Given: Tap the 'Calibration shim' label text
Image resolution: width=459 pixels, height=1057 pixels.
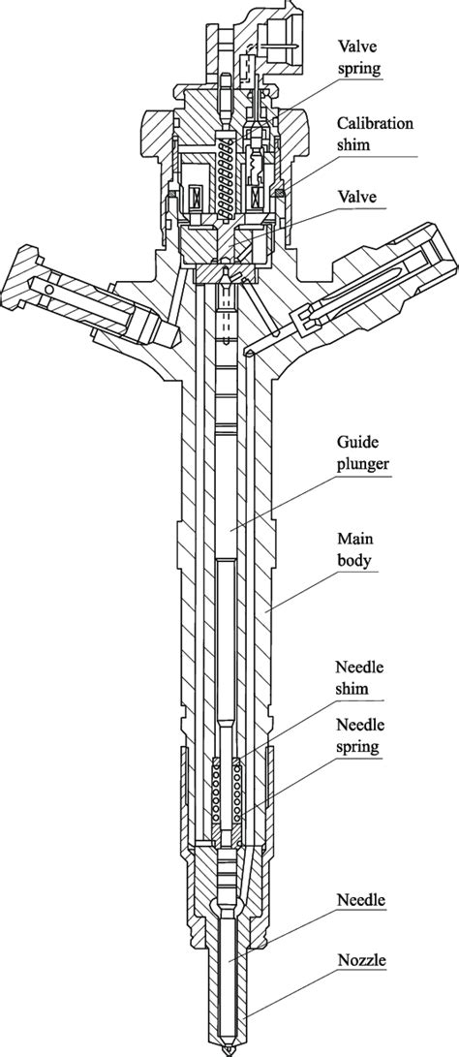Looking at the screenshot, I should [x=375, y=132].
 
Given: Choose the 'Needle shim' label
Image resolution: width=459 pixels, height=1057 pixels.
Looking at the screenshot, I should [x=357, y=678].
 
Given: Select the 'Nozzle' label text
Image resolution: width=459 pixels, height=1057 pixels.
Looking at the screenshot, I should [x=360, y=961].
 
